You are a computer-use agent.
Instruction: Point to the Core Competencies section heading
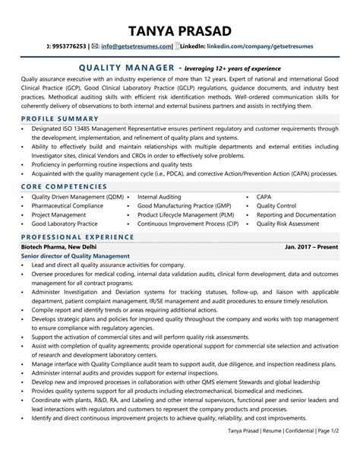click(65, 185)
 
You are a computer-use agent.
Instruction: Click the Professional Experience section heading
click(76, 236)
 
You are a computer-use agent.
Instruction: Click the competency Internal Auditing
click(165, 196)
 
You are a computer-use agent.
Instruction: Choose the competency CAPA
click(265, 196)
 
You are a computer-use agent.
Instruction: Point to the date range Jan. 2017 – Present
click(311, 247)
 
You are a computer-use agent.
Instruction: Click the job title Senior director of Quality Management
click(75, 256)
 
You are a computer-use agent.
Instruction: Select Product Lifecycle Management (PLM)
click(187, 215)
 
